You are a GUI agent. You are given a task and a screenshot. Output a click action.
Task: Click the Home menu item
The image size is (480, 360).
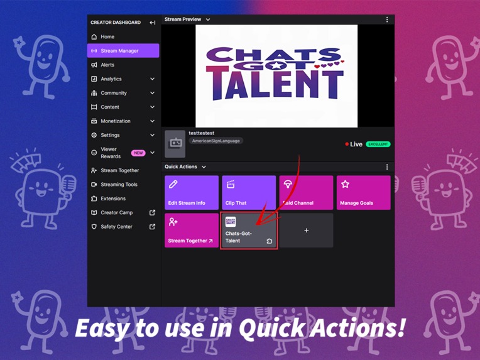(x=107, y=37)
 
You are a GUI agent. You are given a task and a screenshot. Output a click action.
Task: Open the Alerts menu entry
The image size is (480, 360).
(x=107, y=65)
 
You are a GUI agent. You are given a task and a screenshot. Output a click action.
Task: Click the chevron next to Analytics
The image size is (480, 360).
(x=153, y=79)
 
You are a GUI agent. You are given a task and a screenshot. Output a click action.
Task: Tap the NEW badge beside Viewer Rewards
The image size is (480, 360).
(x=138, y=153)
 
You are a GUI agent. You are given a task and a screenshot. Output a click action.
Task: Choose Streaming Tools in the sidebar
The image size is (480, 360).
(x=119, y=185)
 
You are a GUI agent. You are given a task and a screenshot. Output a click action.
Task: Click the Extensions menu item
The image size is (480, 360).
(x=113, y=199)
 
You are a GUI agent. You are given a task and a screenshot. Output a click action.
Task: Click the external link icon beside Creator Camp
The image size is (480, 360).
(x=153, y=213)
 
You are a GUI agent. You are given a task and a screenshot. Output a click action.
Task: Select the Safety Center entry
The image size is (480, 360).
(x=116, y=227)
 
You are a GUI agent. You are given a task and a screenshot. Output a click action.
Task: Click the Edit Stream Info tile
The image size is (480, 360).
(x=192, y=192)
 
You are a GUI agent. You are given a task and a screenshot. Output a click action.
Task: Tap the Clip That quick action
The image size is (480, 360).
(x=249, y=192)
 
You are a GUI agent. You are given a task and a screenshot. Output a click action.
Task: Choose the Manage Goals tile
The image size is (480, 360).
(x=363, y=192)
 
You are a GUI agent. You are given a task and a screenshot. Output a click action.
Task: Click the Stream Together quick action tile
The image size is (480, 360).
(x=192, y=230)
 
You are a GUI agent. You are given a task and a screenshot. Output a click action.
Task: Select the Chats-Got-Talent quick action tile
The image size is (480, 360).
(x=249, y=231)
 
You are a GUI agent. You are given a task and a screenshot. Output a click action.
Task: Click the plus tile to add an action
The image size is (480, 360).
(x=306, y=231)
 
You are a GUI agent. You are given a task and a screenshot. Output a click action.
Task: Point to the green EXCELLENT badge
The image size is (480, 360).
(x=378, y=145)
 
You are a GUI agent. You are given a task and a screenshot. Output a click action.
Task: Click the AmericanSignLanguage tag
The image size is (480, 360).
(x=215, y=141)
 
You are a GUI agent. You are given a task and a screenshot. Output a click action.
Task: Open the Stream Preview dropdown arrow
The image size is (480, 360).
(x=208, y=19)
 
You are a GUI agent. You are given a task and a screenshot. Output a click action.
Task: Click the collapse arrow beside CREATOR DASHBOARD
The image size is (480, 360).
(x=153, y=23)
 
